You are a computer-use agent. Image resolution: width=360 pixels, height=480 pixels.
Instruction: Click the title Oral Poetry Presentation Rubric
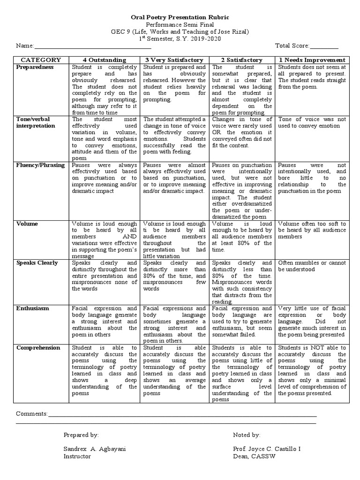(x=180, y=17)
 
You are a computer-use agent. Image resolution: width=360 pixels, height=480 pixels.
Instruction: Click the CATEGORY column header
(x=40, y=60)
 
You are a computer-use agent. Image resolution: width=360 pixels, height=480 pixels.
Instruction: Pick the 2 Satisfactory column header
(x=241, y=60)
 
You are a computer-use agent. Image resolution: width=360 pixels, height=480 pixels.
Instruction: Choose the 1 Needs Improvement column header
(x=312, y=60)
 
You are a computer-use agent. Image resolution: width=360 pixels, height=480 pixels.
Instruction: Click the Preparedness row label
(x=35, y=67)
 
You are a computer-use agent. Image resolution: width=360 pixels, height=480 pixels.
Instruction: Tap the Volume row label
(x=27, y=224)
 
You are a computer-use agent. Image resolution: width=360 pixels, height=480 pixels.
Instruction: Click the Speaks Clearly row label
(x=37, y=263)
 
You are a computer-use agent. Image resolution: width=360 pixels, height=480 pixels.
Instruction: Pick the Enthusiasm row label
(x=33, y=308)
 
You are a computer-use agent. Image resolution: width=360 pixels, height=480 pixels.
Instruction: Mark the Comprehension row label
(x=38, y=348)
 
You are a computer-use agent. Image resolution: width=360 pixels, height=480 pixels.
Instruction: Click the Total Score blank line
(x=324, y=46)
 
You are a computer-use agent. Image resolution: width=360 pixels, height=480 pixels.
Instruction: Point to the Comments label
(x=32, y=414)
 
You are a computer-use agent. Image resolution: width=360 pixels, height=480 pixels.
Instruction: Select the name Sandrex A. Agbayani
(x=94, y=449)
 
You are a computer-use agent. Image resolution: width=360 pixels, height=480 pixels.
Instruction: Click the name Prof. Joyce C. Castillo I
(x=267, y=449)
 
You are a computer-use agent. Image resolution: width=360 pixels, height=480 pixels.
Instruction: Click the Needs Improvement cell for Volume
(x=312, y=227)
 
